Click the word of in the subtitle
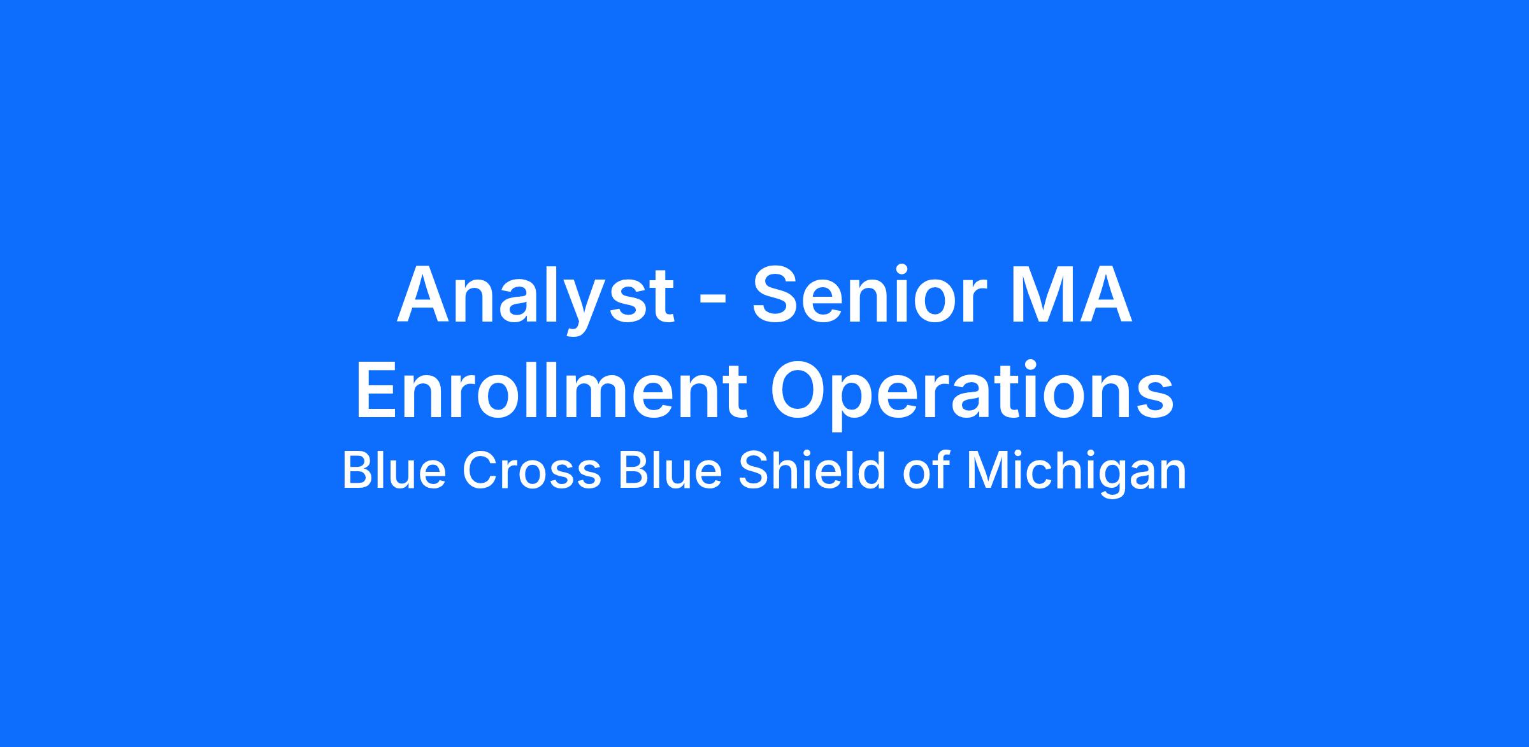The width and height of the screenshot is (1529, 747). [x=926, y=471]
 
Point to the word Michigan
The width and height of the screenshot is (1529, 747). [x=1076, y=474]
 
